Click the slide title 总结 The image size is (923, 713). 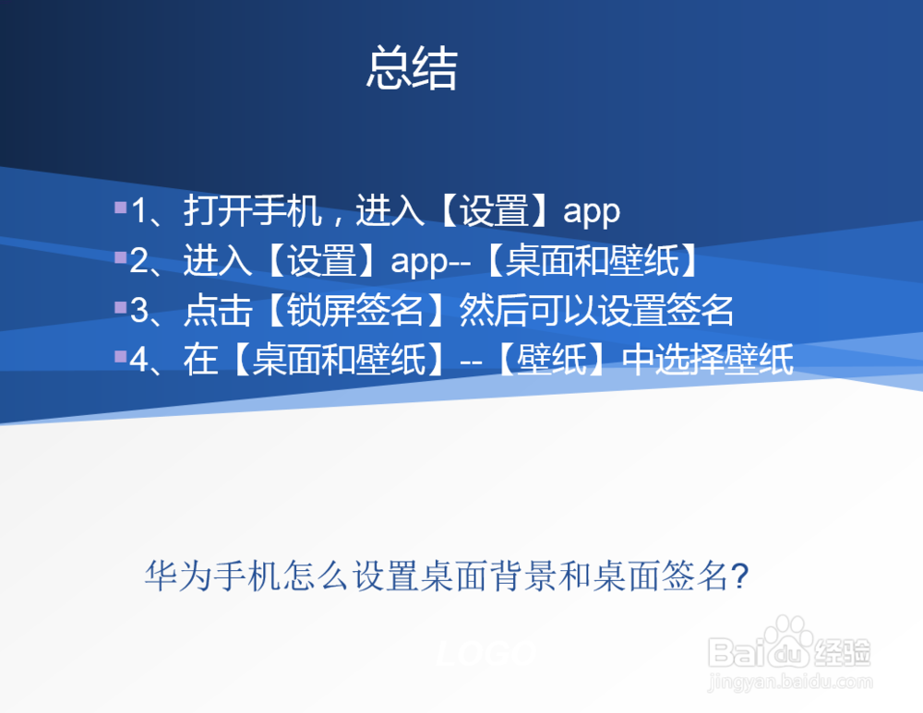[x=412, y=69]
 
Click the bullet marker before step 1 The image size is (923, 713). [x=120, y=207]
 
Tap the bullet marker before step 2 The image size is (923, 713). [x=120, y=256]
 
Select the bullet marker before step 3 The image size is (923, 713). [x=120, y=306]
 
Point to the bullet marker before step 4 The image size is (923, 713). [x=120, y=356]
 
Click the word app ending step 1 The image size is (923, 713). [x=592, y=213]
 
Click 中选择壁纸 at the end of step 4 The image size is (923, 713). [x=708, y=362]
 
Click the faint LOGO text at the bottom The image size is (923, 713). [x=485, y=654]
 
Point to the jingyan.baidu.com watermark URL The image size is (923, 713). [x=789, y=683]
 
